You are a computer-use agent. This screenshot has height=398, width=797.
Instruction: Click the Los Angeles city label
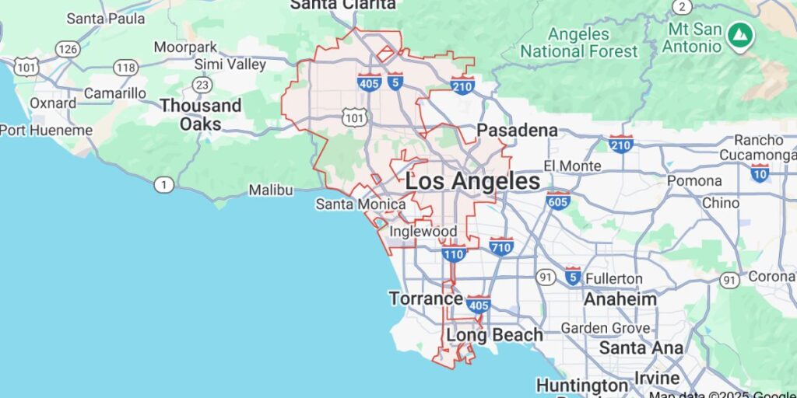(x=472, y=182)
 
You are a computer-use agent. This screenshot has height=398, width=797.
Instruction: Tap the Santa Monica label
(x=360, y=204)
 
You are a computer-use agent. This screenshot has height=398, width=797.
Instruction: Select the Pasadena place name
(x=518, y=130)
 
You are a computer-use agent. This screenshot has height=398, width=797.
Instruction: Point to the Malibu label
(x=271, y=190)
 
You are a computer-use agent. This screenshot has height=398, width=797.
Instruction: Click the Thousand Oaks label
(x=201, y=114)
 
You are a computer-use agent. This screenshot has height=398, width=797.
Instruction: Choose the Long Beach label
(x=494, y=335)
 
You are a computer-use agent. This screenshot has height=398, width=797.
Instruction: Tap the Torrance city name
(x=426, y=298)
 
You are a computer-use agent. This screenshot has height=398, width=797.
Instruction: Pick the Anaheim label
(x=620, y=298)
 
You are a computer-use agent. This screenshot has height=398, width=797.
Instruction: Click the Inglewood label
(x=423, y=232)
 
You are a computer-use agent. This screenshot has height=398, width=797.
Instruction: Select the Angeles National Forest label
(x=578, y=43)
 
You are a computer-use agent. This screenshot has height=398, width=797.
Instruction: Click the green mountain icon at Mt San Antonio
(x=736, y=34)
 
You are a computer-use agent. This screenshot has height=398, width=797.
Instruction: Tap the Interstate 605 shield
(x=557, y=201)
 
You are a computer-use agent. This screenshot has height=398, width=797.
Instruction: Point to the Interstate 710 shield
(x=501, y=247)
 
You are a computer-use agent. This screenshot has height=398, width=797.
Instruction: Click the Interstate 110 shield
(x=454, y=253)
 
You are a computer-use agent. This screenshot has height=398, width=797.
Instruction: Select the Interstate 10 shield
(x=760, y=172)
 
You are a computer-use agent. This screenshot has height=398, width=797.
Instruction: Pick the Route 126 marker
(x=68, y=49)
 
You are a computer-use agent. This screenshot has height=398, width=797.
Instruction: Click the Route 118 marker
(x=125, y=67)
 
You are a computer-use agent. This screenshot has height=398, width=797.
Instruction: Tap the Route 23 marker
(x=202, y=84)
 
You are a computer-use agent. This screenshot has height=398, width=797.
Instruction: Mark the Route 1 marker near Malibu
(x=163, y=185)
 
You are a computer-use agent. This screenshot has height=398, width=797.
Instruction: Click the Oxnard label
(x=53, y=103)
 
